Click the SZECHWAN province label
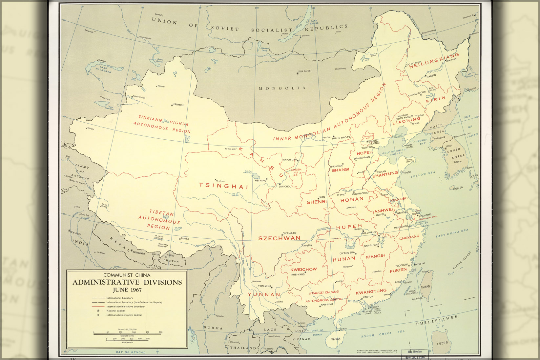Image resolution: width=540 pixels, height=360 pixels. pos(279,238)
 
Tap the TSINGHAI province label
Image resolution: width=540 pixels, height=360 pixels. pos(223,186)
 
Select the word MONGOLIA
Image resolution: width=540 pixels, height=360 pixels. pos(282,88)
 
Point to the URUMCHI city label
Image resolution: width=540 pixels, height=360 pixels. pos(179,105)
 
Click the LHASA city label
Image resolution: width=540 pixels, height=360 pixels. pos(185,238)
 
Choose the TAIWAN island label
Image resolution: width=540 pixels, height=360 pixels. pos(425,287)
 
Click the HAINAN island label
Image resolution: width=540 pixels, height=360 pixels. pos(336,339)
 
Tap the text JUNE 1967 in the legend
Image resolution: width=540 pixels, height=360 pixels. pos(127,290)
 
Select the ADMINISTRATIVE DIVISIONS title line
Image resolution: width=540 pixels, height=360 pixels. pos(127,282)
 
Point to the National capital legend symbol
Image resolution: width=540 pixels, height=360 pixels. pos(98,310)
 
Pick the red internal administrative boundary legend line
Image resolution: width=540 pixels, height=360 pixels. pos(98,307)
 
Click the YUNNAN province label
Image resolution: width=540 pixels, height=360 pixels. pos(264,294)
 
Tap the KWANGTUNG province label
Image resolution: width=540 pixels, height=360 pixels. pos(371,291)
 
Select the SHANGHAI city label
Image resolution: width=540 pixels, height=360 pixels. pos(425,215)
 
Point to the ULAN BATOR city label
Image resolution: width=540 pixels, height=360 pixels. pos(304,71)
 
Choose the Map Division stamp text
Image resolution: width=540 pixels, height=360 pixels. pos(415,351)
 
